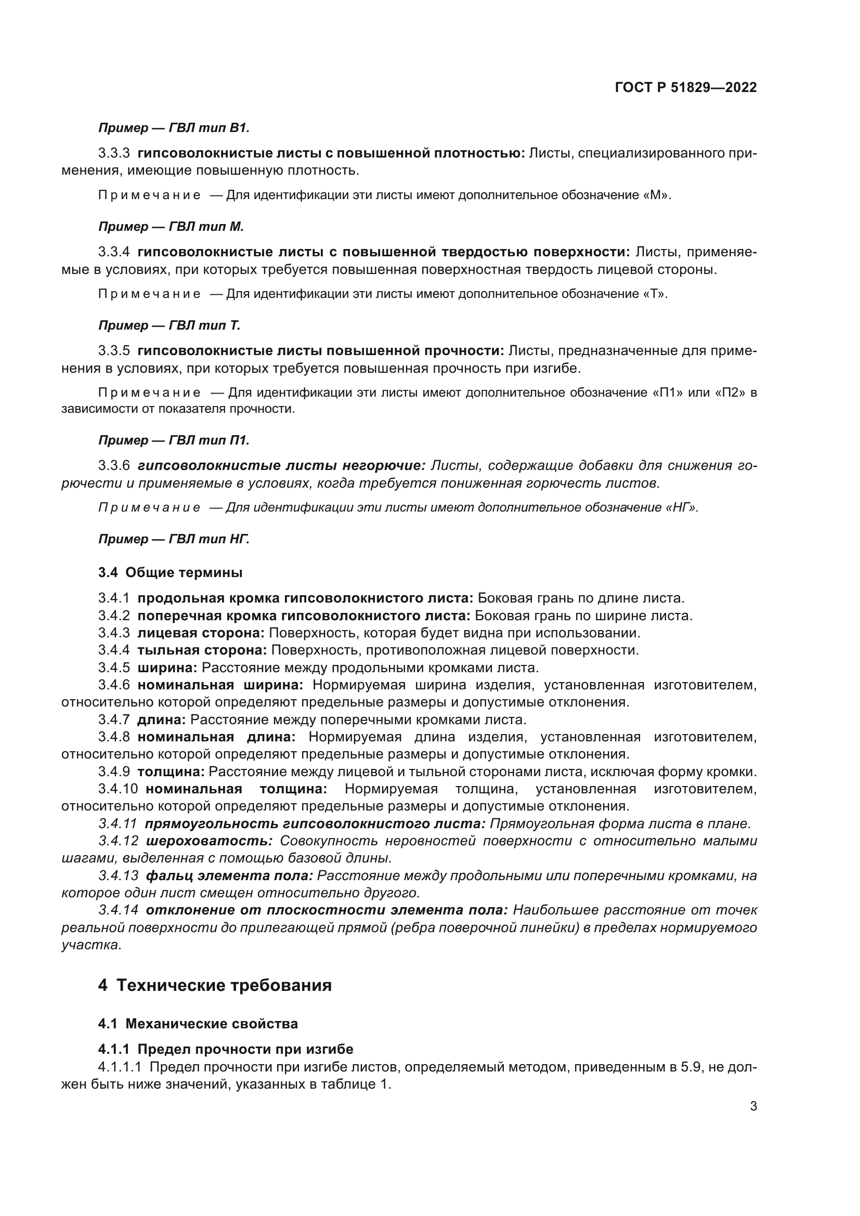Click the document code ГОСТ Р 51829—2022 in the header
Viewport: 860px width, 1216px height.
[x=686, y=87]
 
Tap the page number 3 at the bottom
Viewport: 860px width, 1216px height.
[x=753, y=1106]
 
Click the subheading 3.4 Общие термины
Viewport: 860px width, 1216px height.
[x=170, y=572]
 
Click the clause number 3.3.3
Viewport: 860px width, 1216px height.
[x=114, y=153]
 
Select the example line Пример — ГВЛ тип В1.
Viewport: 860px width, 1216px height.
[x=174, y=128]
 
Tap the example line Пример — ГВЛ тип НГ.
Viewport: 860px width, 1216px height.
[x=174, y=539]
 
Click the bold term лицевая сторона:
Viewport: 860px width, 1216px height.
[x=201, y=633]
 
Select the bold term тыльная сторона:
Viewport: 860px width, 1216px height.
[x=202, y=650]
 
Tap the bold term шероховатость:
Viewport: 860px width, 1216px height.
[x=209, y=841]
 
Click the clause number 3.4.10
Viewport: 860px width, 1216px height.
[x=118, y=789]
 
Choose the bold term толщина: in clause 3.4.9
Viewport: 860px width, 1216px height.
[x=171, y=772]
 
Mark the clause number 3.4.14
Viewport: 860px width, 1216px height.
[x=119, y=910]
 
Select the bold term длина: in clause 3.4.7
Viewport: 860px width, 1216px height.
[x=162, y=720]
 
